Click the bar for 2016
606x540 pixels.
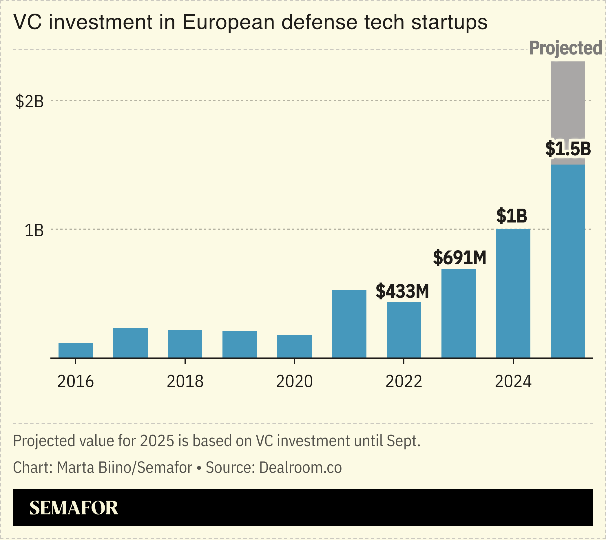[x=76, y=351]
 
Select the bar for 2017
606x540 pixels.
[x=130, y=343]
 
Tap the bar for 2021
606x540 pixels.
[x=349, y=324]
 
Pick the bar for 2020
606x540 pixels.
[x=294, y=346]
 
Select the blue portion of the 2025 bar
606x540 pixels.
[x=568, y=261]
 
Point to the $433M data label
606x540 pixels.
[x=402, y=291]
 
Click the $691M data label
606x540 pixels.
[x=459, y=258]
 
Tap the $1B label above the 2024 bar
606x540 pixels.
[x=512, y=216]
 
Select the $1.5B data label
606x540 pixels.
[x=568, y=149]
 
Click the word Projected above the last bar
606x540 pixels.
[x=565, y=48]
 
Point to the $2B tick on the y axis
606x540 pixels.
[x=30, y=101]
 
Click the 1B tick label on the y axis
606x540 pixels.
[x=34, y=231]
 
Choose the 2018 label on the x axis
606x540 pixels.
[x=185, y=382]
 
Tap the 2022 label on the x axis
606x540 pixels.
[x=404, y=382]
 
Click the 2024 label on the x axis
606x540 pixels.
[x=513, y=382]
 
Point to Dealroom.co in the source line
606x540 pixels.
[x=300, y=467]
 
